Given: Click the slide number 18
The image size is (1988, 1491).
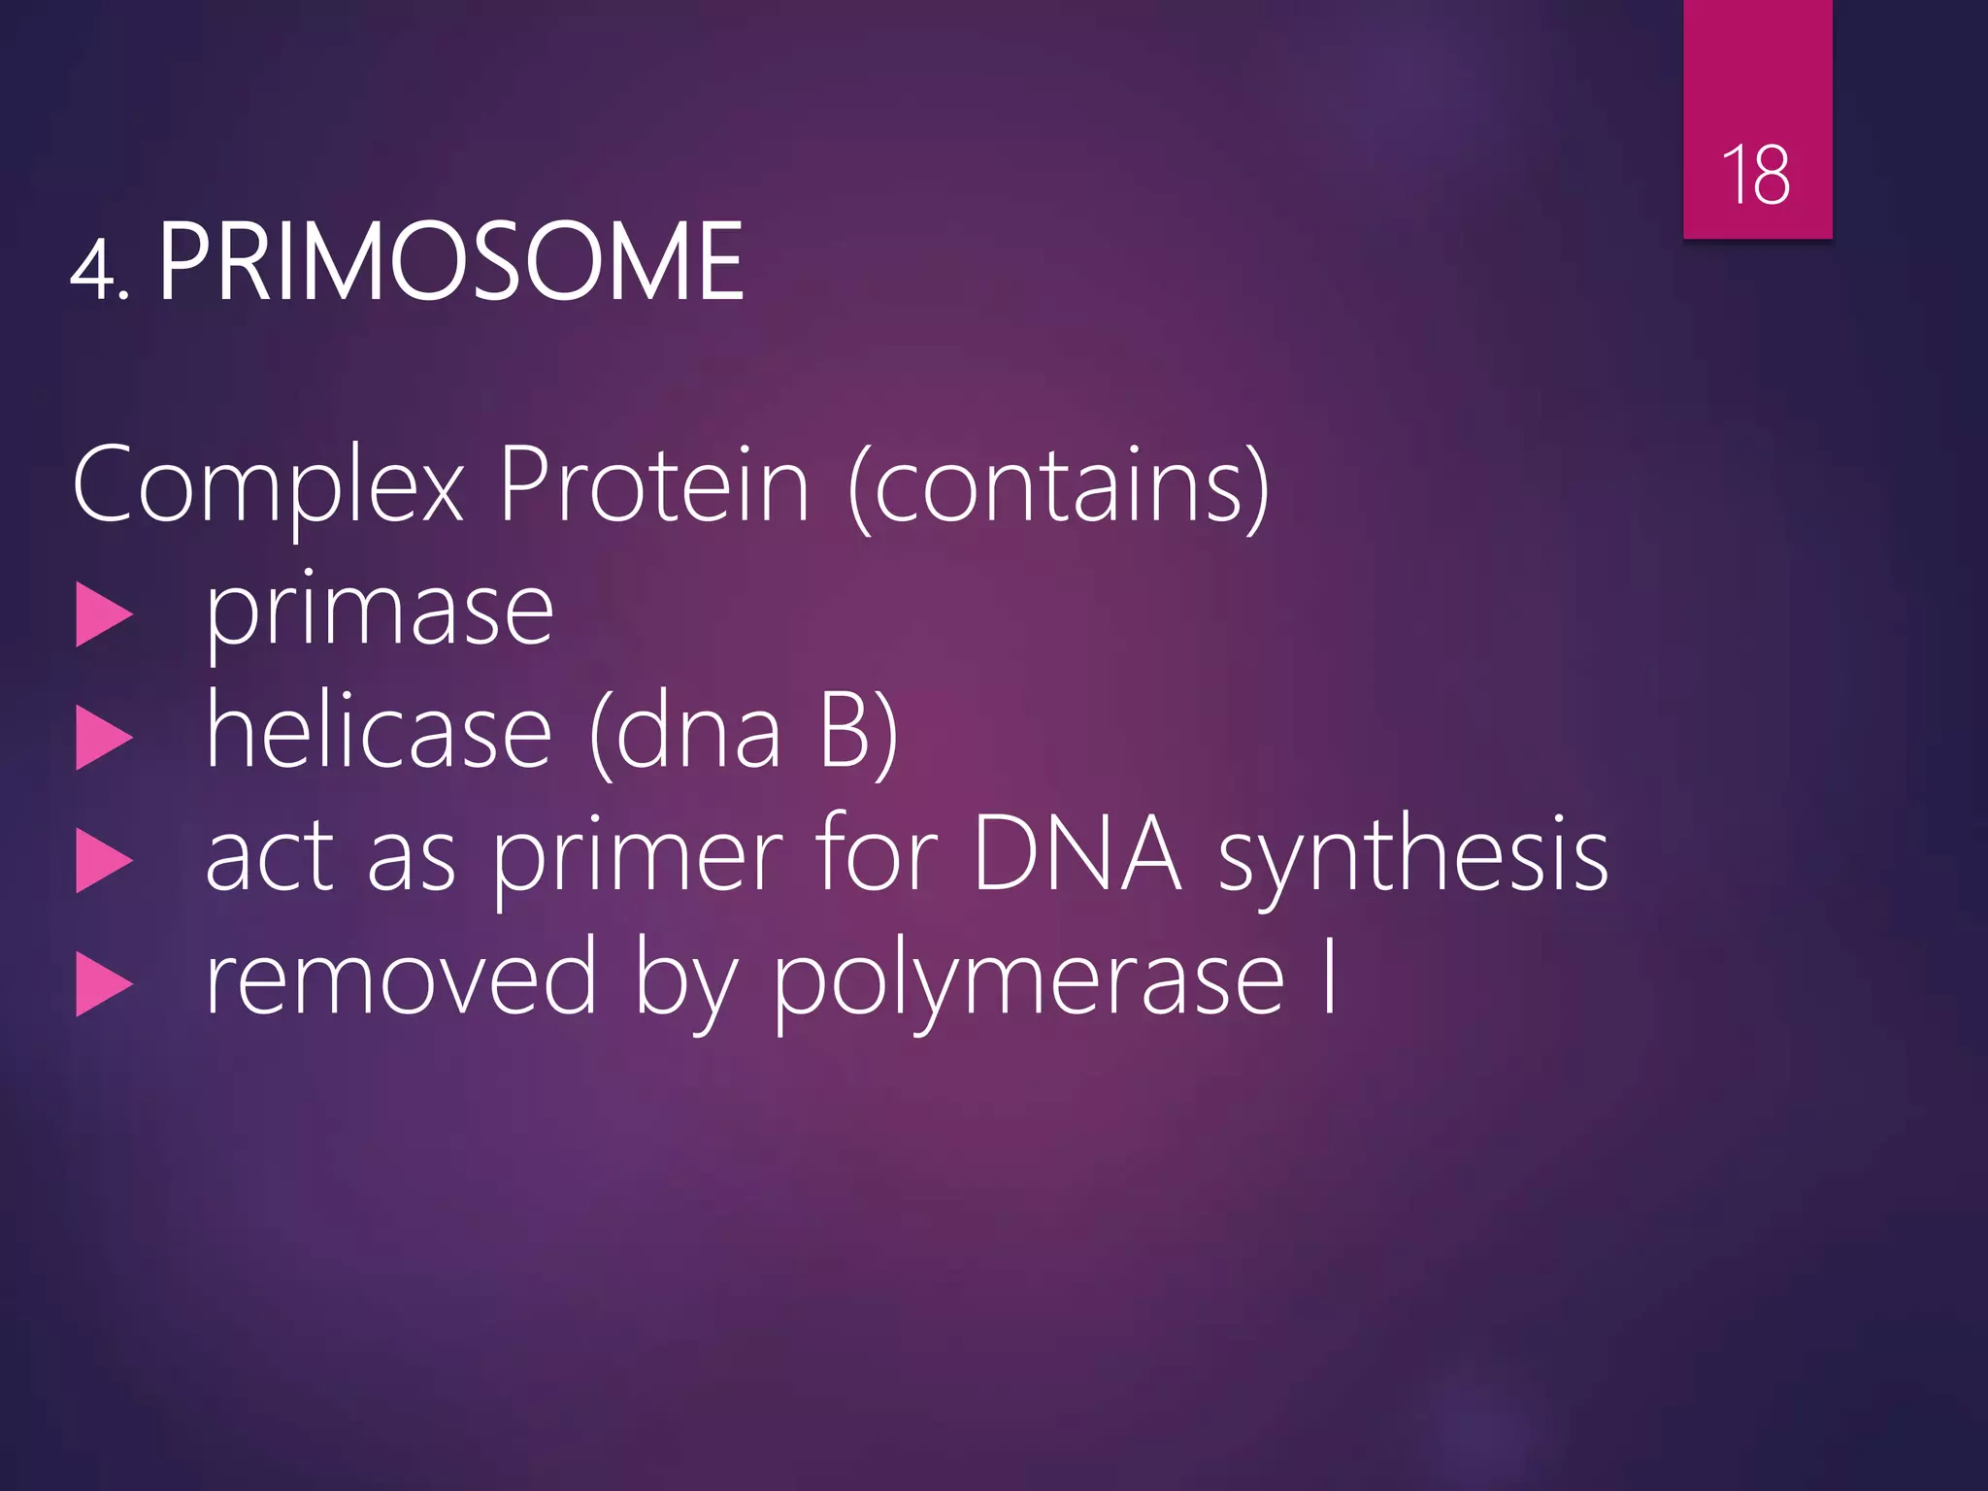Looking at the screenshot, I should click(1756, 176).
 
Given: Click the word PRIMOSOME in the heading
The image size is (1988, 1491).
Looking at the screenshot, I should click(450, 262).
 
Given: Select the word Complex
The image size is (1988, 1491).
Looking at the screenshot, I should click(268, 485).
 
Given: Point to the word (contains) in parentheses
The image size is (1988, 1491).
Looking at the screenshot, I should click(1058, 485).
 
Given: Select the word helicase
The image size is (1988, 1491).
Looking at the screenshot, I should click(380, 732).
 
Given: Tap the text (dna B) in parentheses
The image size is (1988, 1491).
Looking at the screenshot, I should click(744, 734).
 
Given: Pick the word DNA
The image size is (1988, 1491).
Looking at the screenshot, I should click(1077, 854).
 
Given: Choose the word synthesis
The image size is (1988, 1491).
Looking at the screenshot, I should click(1413, 858).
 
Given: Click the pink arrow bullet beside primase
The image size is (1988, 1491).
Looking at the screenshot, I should click(103, 615).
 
